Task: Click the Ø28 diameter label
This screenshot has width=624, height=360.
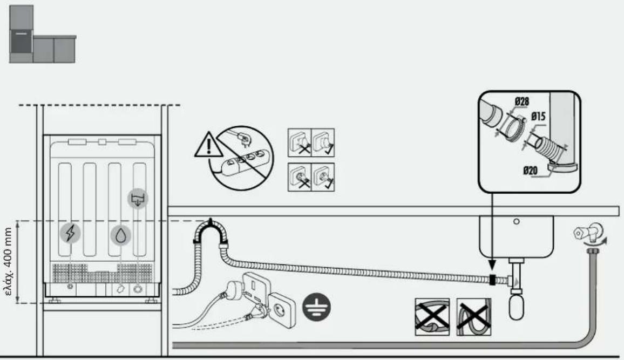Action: (522, 102)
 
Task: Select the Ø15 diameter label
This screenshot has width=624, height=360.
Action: (538, 117)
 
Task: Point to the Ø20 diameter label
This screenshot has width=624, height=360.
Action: (531, 171)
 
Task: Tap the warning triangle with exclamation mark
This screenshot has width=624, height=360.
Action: (208, 145)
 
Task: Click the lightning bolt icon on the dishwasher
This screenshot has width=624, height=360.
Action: (70, 233)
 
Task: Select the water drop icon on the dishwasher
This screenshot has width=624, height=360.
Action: (120, 235)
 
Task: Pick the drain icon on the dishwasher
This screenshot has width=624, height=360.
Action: (138, 199)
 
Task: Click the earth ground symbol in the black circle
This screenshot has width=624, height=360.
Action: (316, 307)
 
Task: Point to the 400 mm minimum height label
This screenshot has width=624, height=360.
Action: (9, 261)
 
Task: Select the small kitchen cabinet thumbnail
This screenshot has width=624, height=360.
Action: (42, 34)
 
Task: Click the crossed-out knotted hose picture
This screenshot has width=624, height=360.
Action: (432, 317)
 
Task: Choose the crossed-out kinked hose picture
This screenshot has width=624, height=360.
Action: (473, 317)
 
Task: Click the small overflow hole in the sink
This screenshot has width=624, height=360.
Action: (516, 222)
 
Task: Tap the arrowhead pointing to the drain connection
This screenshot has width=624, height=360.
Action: (492, 265)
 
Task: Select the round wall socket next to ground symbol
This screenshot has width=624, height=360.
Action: (282, 311)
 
